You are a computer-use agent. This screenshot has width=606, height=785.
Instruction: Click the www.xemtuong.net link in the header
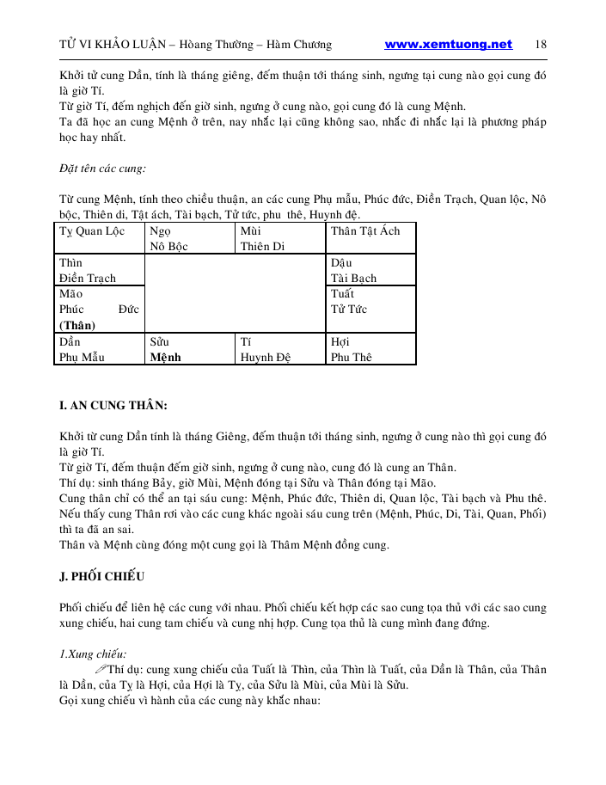tap(448, 45)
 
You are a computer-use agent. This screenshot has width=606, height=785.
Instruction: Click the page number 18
tap(541, 45)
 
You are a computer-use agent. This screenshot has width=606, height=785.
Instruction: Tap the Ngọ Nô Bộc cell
tap(189, 238)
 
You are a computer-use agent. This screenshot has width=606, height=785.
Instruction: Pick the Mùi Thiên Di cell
tap(280, 238)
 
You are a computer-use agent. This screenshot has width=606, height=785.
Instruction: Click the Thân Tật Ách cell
tap(370, 238)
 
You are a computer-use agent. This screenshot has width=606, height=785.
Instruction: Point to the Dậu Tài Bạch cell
tap(370, 270)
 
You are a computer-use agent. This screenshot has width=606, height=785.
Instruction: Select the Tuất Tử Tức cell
tap(370, 309)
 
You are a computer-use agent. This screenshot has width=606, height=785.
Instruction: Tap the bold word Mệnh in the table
tap(165, 358)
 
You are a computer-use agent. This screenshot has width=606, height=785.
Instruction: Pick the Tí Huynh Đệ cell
tap(280, 349)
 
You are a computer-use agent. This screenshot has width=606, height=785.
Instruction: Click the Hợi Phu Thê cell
tap(370, 349)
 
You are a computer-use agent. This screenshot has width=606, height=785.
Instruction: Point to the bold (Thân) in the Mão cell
tap(77, 325)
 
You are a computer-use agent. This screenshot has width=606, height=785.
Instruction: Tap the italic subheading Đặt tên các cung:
tap(96, 168)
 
